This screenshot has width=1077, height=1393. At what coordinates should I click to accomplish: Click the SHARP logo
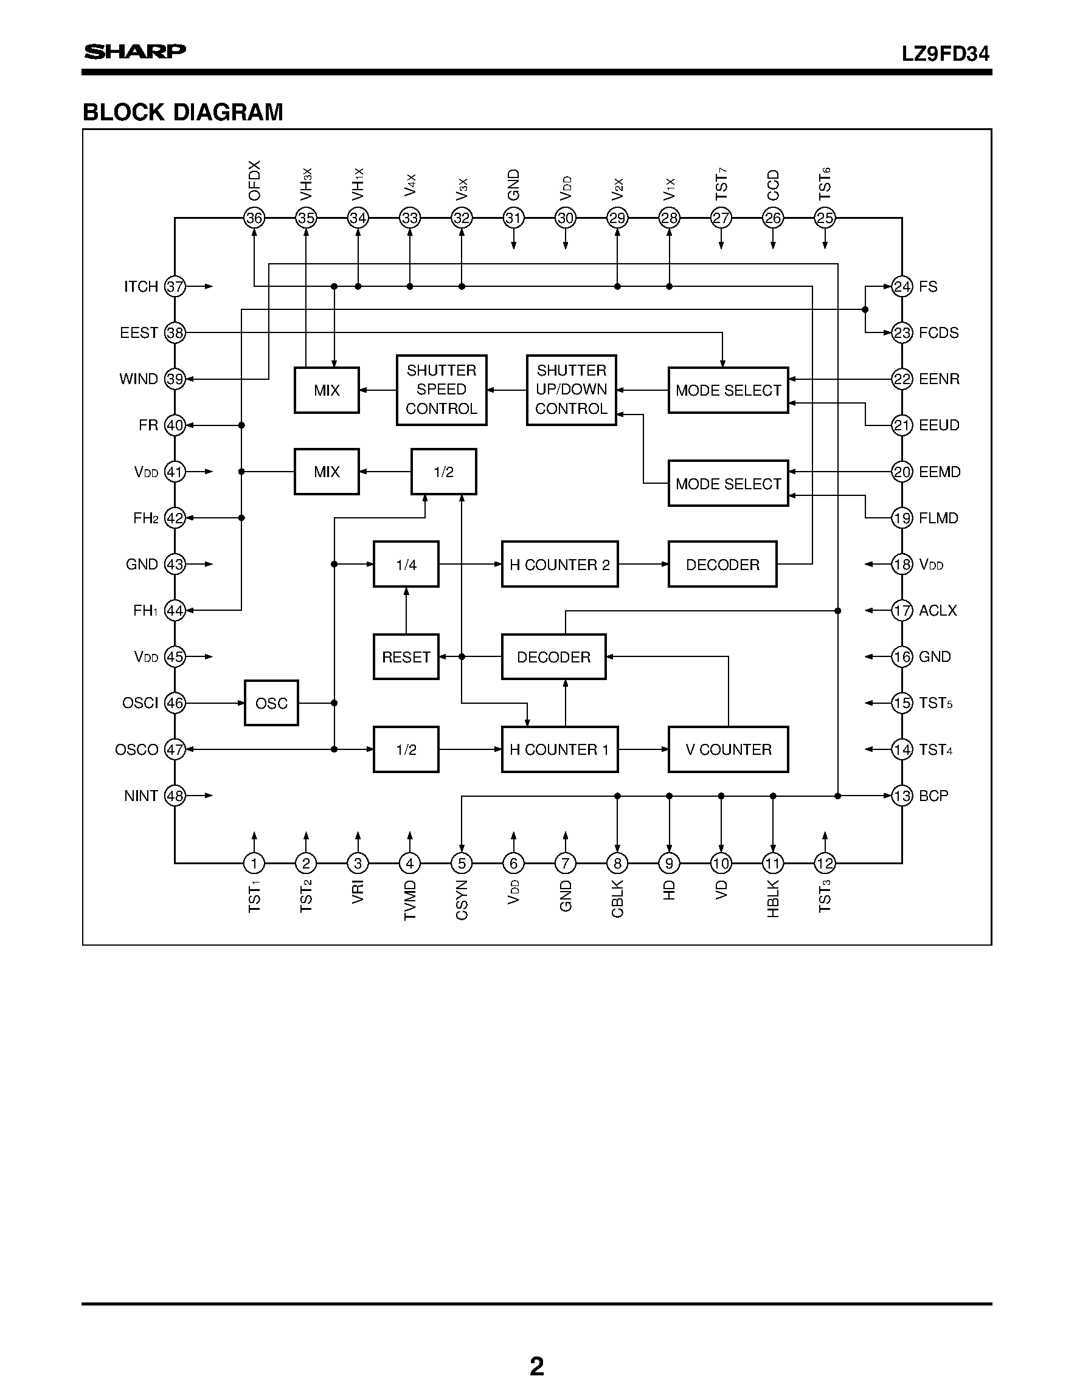[135, 52]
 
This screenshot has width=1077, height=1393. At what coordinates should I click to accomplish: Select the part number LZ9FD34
[945, 54]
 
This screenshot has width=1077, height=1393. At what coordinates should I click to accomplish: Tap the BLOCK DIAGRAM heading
[183, 112]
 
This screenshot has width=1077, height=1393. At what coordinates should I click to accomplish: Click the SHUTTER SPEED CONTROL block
[442, 390]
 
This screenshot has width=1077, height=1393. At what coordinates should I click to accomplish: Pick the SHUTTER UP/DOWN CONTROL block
[571, 390]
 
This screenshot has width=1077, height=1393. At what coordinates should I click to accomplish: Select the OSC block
[271, 703]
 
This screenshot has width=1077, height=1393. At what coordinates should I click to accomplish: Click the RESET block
[406, 657]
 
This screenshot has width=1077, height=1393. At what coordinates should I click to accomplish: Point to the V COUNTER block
[728, 749]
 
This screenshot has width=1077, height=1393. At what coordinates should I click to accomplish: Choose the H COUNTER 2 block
[559, 565]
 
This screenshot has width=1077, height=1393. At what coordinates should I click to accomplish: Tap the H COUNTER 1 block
[559, 749]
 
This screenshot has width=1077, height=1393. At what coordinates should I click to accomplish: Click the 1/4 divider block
[406, 565]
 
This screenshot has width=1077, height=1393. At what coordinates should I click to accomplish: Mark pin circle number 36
[254, 218]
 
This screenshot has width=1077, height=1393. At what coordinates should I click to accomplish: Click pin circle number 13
[901, 796]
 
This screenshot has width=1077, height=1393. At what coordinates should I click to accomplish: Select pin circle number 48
[175, 796]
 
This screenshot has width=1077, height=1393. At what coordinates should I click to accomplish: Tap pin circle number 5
[462, 864]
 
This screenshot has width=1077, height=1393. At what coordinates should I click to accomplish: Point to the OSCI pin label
[140, 703]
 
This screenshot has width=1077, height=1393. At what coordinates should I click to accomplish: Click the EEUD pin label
[938, 425]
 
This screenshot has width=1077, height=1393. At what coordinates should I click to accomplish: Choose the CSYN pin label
[462, 900]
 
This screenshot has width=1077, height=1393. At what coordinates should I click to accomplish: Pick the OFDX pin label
[255, 181]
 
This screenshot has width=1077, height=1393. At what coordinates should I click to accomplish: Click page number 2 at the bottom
[536, 1366]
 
